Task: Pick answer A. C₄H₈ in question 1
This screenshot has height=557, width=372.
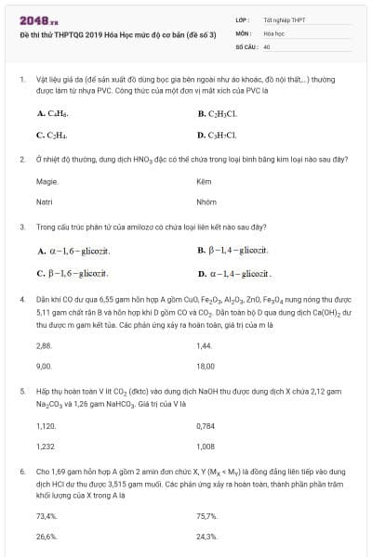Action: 52,113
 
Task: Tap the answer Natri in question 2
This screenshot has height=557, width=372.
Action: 45,201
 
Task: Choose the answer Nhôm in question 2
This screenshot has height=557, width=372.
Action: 206,201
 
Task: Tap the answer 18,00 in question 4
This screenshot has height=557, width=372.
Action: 206,366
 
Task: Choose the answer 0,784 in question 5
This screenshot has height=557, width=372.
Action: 206,426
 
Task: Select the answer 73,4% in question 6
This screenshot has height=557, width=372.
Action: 46,515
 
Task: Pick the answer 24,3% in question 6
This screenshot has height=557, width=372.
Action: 207,536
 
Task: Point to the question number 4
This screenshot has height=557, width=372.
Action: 21,299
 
